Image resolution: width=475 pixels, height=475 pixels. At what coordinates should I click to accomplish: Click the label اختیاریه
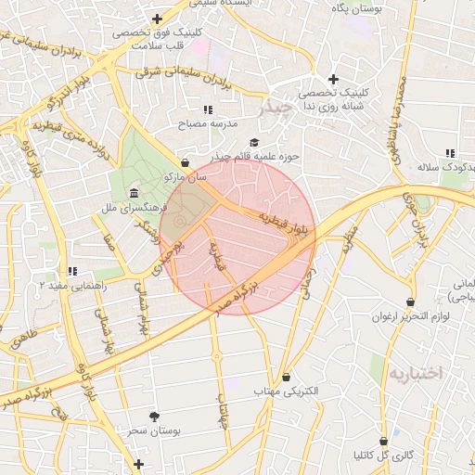pos(416,373)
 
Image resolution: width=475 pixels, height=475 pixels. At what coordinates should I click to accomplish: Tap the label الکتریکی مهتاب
pos(286,392)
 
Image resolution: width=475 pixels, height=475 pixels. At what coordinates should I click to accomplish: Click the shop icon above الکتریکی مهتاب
pos(286,377)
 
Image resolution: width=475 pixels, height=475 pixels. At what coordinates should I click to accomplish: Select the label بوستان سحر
pos(154,431)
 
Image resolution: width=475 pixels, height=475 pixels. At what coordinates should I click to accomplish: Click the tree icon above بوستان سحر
pos(154,417)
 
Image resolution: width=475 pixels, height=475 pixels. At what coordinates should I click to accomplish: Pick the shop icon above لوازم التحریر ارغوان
pos(410,302)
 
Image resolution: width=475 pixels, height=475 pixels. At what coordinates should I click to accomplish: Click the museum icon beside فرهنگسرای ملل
pos(135,194)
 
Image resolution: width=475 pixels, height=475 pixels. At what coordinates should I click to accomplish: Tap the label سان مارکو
pos(185,176)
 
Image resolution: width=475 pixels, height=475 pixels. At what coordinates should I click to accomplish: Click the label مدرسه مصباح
pos(211,123)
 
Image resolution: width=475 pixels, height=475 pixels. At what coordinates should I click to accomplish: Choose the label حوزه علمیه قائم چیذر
pos(254,156)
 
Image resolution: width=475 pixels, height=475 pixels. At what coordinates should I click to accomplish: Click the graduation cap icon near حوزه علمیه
pos(254,141)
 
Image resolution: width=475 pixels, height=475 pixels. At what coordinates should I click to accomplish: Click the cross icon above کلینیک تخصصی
pos(333,79)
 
